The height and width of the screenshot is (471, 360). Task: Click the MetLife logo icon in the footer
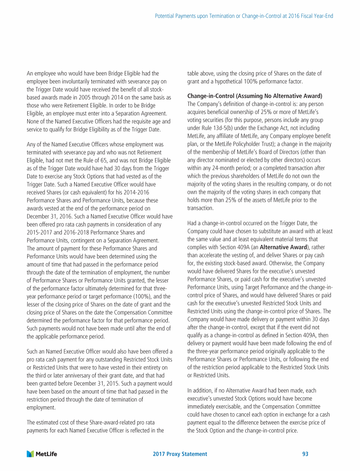(30, 454)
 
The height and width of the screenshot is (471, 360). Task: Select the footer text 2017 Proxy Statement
(180, 454)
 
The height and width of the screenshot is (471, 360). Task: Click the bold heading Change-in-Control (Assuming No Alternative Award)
(255, 96)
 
